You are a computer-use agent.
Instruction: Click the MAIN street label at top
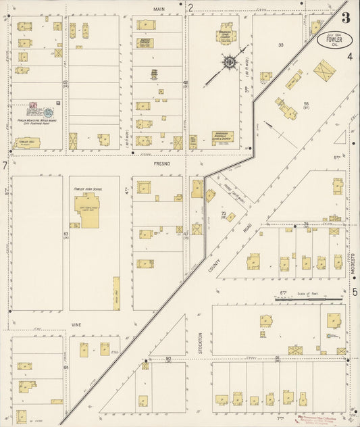pos(159,9)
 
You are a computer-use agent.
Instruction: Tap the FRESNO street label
pos(161,164)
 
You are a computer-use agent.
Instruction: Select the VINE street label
pos(76,325)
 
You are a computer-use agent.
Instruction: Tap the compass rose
pos(230,64)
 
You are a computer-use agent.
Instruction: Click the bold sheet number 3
pos(345,18)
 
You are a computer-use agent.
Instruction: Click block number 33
pos(280,45)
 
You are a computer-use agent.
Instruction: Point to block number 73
pos(223,214)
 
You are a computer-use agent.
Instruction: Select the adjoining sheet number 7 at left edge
pos(5,166)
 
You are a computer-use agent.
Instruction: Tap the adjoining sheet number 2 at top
pos(191,8)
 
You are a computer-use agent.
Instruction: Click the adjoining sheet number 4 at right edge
pos(351,58)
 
